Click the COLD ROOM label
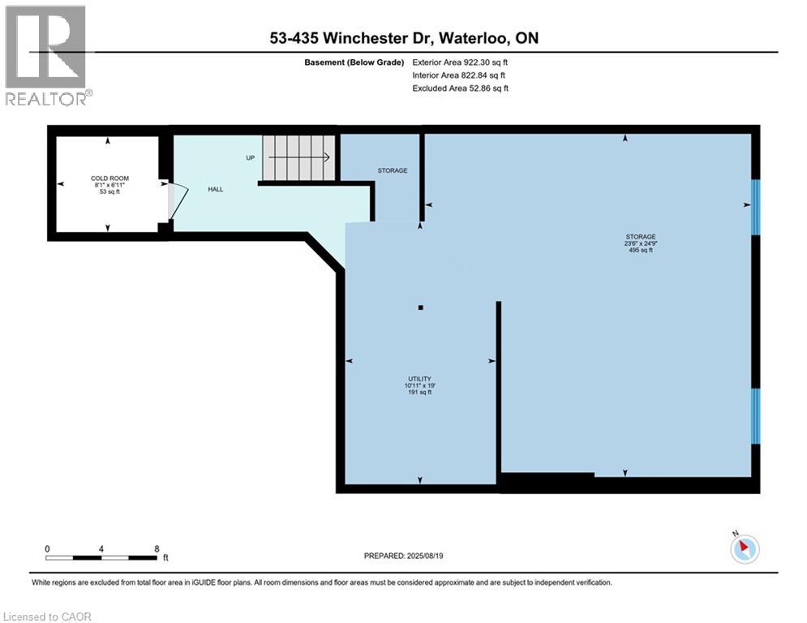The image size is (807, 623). tap(109, 178)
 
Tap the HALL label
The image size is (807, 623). tap(215, 189)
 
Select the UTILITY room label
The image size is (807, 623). tap(419, 379)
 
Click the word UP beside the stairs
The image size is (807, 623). tap(251, 157)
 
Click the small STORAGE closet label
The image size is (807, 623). tap(392, 170)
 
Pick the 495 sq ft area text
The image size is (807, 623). tap(640, 251)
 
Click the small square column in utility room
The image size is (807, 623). tap(420, 307)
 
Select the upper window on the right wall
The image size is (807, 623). tap(755, 206)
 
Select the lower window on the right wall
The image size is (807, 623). tap(755, 416)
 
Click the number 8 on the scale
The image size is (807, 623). tap(156, 548)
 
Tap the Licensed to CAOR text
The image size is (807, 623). tap(48, 617)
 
